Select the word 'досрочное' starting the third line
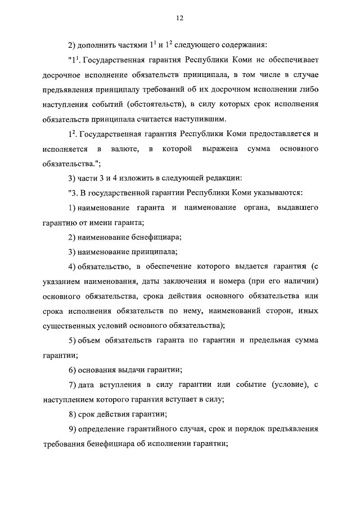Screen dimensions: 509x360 [61, 74]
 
